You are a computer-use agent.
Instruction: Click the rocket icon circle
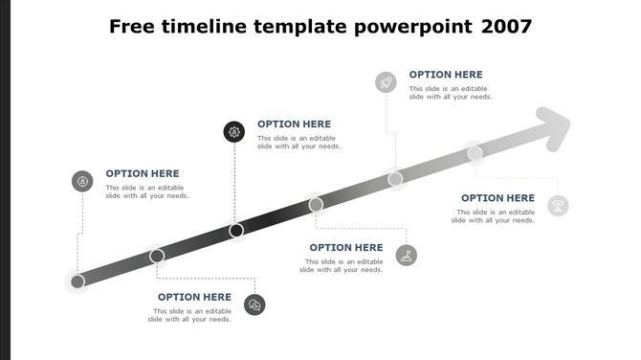pos(386,82)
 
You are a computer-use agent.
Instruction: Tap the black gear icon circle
pos(234,132)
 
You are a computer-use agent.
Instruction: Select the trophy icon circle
pos(558,205)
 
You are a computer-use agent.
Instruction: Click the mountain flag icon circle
pos(407,255)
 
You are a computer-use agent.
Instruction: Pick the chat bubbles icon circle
pos(254,304)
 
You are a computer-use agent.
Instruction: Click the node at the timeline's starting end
pos(77,281)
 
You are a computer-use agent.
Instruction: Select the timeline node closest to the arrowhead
pos(475,152)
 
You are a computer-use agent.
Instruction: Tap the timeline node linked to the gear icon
pos(236,230)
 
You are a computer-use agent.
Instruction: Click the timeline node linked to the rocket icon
pos(395,178)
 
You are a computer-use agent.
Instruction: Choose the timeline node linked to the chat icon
pos(157,256)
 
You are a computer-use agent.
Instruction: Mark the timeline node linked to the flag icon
pos(316,204)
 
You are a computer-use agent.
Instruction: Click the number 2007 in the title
pos(506,26)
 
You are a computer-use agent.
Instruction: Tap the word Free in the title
pos(134,26)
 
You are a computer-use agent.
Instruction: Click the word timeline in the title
pos(203,26)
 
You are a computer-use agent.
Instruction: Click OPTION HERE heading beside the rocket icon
pos(446,75)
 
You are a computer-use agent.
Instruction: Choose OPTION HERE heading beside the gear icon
pos(294,124)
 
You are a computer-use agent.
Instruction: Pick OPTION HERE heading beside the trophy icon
pos(497,198)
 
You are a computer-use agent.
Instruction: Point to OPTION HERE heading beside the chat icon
pos(194,297)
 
